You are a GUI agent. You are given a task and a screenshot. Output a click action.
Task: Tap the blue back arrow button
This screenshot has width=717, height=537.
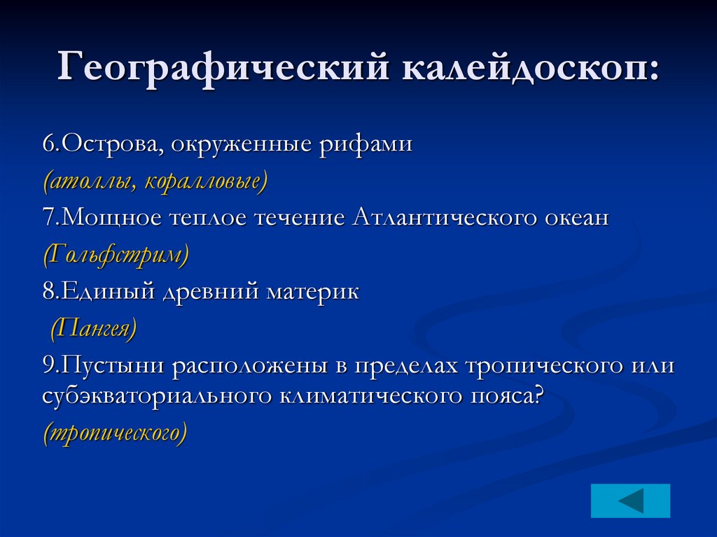coord(630,501)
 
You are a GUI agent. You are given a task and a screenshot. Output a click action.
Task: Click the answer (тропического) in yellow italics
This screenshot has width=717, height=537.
coord(115,433)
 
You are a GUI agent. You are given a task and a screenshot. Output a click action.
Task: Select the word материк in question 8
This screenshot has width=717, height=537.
coord(312,291)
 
